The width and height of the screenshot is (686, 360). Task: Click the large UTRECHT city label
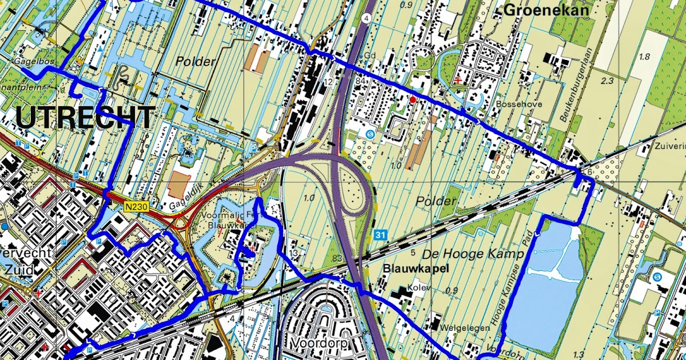(x=84, y=118)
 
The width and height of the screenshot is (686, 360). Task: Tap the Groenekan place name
(x=539, y=10)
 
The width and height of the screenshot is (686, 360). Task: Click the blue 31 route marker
(x=381, y=235)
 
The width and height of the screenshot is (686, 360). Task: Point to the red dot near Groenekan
(x=413, y=99)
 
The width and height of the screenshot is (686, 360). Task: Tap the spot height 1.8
(x=644, y=57)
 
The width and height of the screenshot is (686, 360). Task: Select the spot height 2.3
(x=607, y=81)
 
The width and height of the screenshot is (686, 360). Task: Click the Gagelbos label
(x=27, y=59)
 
